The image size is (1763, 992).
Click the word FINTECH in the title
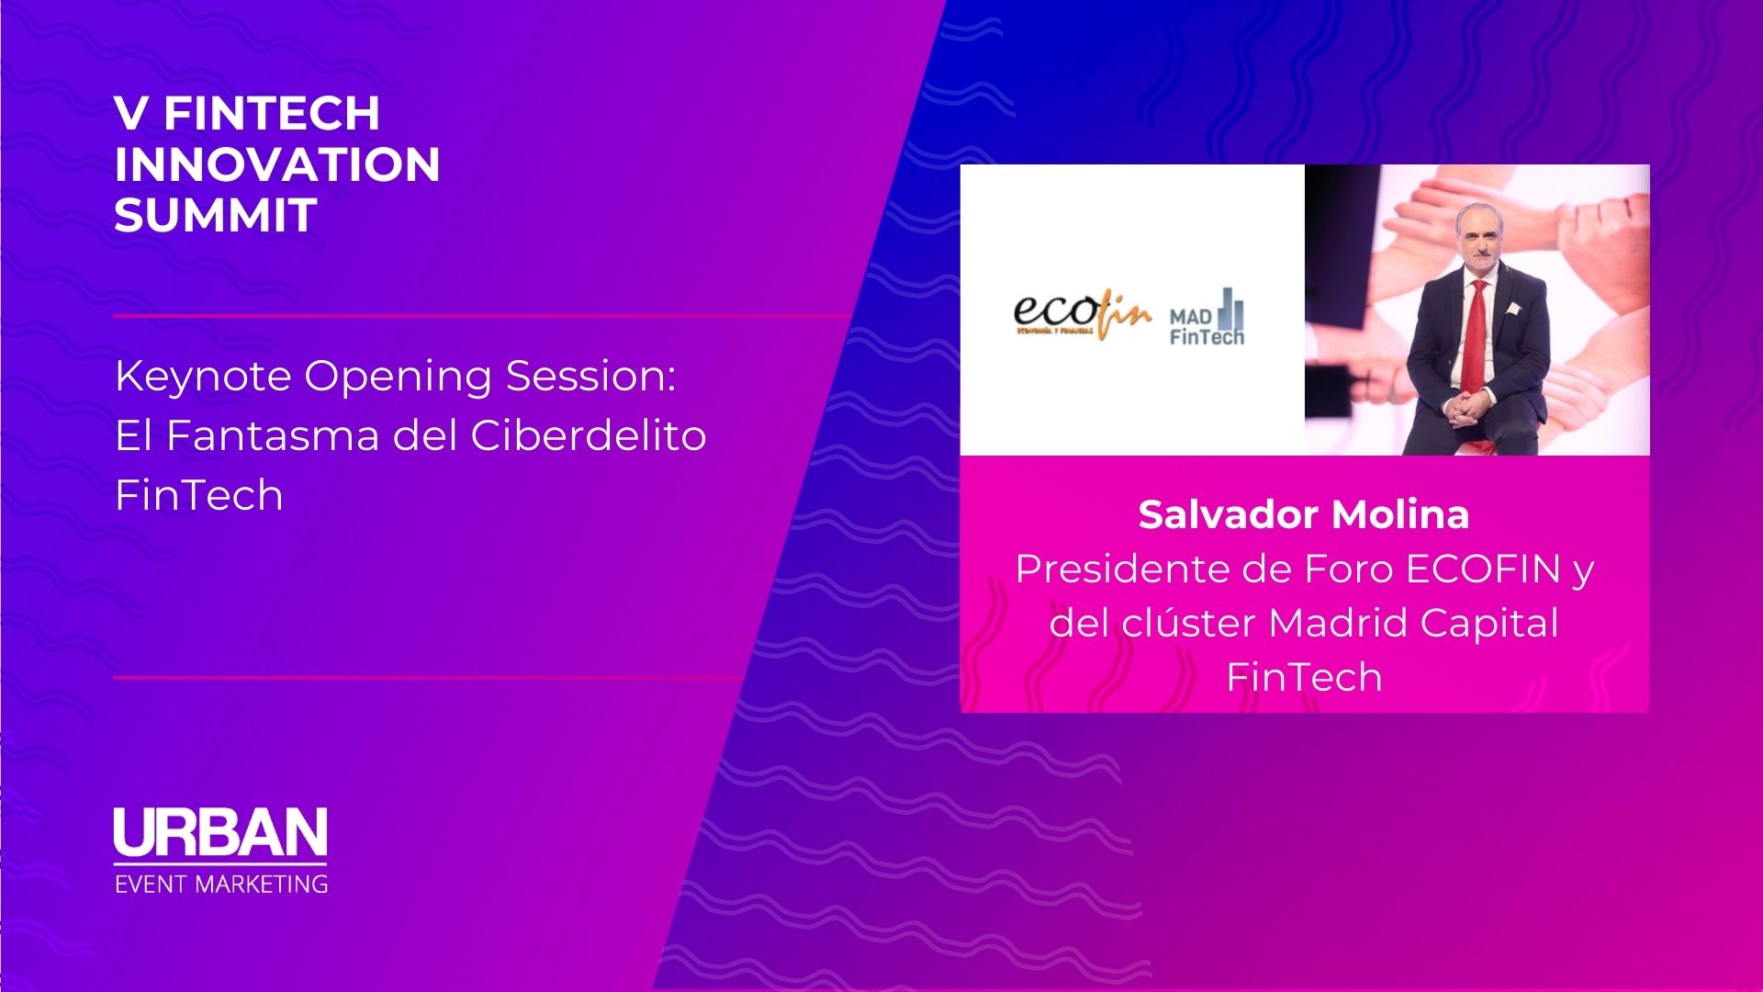[x=272, y=114]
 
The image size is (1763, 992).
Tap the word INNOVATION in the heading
[x=277, y=165]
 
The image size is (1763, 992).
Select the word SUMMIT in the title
[x=216, y=216]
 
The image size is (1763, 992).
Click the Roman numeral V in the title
[x=131, y=114]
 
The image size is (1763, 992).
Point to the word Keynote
[x=203, y=377]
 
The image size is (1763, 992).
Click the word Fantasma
[x=274, y=435]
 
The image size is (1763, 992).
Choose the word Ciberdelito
[x=589, y=435]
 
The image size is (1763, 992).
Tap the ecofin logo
[x=1081, y=315]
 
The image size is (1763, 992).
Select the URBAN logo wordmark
[x=220, y=832]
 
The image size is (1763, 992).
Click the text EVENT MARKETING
[x=221, y=885]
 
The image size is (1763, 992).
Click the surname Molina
[x=1401, y=515]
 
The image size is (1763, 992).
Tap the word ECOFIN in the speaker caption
[x=1483, y=569]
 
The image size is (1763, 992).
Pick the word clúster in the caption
[x=1185, y=624]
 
